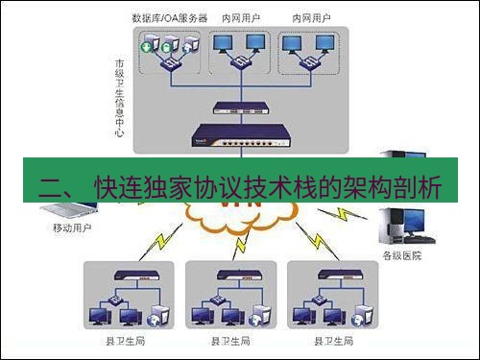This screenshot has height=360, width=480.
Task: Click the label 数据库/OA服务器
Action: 168,18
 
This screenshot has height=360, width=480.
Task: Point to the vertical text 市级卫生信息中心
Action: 119,97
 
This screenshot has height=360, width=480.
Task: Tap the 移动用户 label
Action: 70,230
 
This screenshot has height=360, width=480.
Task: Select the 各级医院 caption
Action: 401,255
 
